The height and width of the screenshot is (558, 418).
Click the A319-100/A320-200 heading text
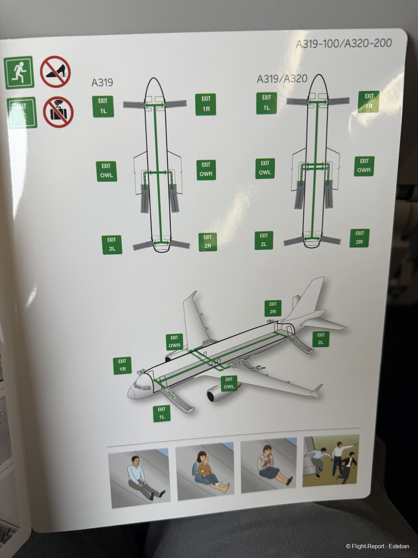pyautogui.click(x=344, y=44)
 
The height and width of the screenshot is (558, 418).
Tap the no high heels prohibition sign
pyautogui.click(x=55, y=72)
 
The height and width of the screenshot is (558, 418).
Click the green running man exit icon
pyautogui.click(x=19, y=73)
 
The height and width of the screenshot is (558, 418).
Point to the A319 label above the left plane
pyautogui.click(x=102, y=82)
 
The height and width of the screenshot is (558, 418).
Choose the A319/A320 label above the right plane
pyautogui.click(x=282, y=78)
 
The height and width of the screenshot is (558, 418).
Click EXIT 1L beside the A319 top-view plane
pyautogui.click(x=103, y=106)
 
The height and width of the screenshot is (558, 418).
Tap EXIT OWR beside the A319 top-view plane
pyautogui.click(x=206, y=170)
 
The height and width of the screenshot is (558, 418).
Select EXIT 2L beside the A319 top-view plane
pyautogui.click(x=112, y=244)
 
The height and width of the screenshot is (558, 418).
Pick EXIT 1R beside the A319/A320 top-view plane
pyautogui.click(x=369, y=101)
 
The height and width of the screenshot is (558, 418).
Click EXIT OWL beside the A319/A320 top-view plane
pyautogui.click(x=265, y=168)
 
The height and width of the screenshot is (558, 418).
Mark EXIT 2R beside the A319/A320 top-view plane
pyautogui.click(x=359, y=238)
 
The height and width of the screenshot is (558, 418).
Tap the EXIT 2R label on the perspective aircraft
pyautogui.click(x=273, y=308)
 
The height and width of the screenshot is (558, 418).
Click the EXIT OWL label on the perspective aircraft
pyautogui.click(x=229, y=383)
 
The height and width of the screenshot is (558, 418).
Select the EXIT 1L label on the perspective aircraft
pyautogui.click(x=162, y=413)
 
